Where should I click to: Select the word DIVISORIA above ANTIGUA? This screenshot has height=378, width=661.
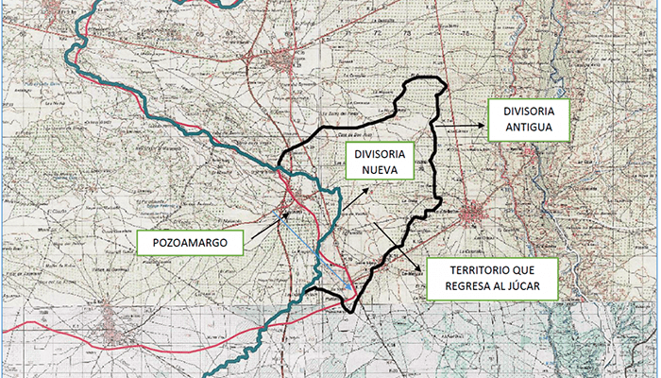[528, 111]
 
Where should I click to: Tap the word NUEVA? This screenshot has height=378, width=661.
[375, 171]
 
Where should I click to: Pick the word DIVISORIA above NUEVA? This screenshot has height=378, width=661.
[375, 153]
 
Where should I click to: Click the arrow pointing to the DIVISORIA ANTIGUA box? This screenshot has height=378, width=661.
[459, 123]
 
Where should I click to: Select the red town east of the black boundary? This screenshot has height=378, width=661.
[473, 215]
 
